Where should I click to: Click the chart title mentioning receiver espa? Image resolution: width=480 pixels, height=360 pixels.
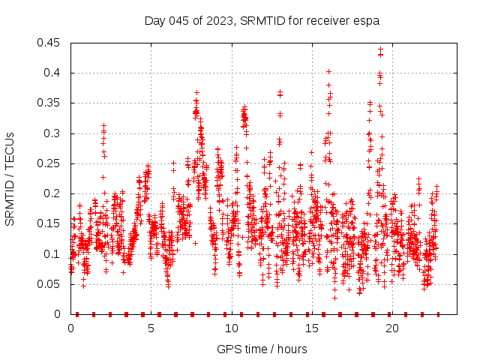pos(262,20)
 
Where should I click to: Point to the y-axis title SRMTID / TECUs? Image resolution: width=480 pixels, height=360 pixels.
pos(10,178)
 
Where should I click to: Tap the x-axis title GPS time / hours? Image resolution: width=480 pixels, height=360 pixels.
pos(262,349)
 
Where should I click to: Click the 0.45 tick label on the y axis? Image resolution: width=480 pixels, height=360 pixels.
pos(51,43)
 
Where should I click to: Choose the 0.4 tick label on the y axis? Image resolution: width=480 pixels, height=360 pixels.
pos(54,73)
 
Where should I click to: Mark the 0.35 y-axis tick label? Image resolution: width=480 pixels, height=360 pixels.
pos(51,103)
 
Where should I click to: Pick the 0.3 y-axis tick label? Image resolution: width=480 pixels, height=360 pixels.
pos(54,133)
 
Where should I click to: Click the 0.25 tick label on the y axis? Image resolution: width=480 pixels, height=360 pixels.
pos(51,163)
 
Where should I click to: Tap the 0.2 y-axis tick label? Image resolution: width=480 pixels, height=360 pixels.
pos(54,193)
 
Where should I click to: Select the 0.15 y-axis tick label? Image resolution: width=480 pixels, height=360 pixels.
pos(51,223)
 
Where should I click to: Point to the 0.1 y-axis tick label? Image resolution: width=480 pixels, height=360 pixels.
pos(54,254)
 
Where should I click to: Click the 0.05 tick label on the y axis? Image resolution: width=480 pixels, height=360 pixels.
pos(51,284)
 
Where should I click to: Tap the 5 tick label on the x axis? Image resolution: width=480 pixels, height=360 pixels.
pos(151,328)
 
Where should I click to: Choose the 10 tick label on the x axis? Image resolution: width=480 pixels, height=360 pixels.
pos(231,328)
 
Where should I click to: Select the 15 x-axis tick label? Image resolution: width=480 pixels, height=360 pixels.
pos(311,328)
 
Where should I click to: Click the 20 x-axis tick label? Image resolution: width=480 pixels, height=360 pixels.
pos(391,328)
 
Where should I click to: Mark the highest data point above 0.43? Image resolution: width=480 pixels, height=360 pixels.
pos(380,49)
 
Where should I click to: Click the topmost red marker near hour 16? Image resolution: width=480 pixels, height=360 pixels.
pos(328,71)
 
